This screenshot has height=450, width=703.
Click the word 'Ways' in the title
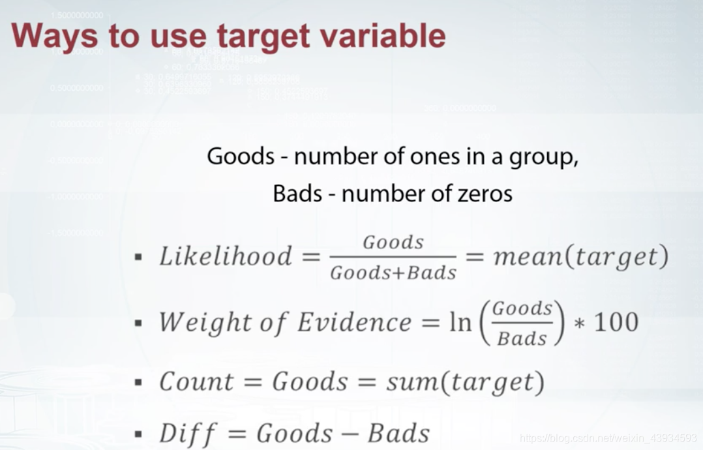point(53,36)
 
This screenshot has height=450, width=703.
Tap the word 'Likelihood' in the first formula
point(226,256)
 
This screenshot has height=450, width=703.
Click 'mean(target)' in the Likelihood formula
point(581,257)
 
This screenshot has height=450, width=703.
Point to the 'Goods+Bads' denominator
point(393,273)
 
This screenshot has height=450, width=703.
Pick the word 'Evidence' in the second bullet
point(354,322)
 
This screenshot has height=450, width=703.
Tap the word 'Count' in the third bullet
point(196,382)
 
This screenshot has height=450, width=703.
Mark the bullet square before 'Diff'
point(138,434)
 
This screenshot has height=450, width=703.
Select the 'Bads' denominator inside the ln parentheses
point(522,338)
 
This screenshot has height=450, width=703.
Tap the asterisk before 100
point(577,323)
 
